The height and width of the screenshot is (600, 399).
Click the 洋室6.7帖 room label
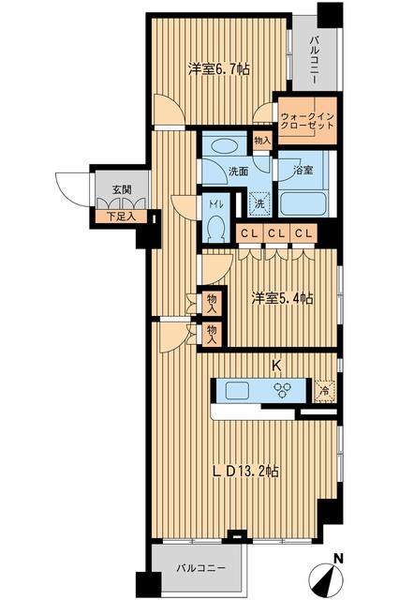[x=217, y=68]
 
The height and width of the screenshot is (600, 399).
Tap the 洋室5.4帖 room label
[x=281, y=298]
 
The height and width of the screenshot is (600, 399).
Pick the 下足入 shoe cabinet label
[x=120, y=217]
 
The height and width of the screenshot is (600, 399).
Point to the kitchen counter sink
[x=234, y=390]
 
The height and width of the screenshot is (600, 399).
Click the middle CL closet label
[x=276, y=233]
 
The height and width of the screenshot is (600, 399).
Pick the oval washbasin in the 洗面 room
[x=224, y=146]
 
